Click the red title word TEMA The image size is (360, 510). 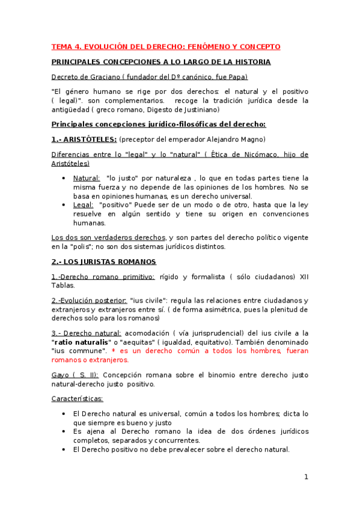tap(61, 47)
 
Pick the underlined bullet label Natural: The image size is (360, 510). tap(87, 178)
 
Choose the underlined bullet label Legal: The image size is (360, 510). tap(83, 204)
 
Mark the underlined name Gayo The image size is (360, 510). tap(59, 375)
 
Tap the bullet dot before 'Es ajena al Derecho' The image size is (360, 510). tap(64, 431)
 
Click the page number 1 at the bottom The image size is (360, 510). tap(306, 477)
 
